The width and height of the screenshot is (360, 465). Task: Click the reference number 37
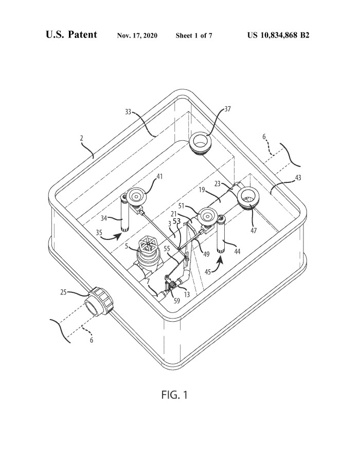point(227,109)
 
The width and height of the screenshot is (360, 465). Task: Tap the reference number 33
point(128,113)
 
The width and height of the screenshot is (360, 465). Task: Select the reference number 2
point(81,138)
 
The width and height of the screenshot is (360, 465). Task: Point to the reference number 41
point(159,176)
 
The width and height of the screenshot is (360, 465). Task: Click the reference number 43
point(298,178)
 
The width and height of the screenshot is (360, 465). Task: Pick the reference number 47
point(254,230)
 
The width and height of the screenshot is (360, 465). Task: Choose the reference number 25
point(63,292)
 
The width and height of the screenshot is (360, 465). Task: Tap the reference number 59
point(176,301)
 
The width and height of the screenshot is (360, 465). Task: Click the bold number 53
point(176,221)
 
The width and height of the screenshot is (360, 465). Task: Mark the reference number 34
point(103,218)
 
